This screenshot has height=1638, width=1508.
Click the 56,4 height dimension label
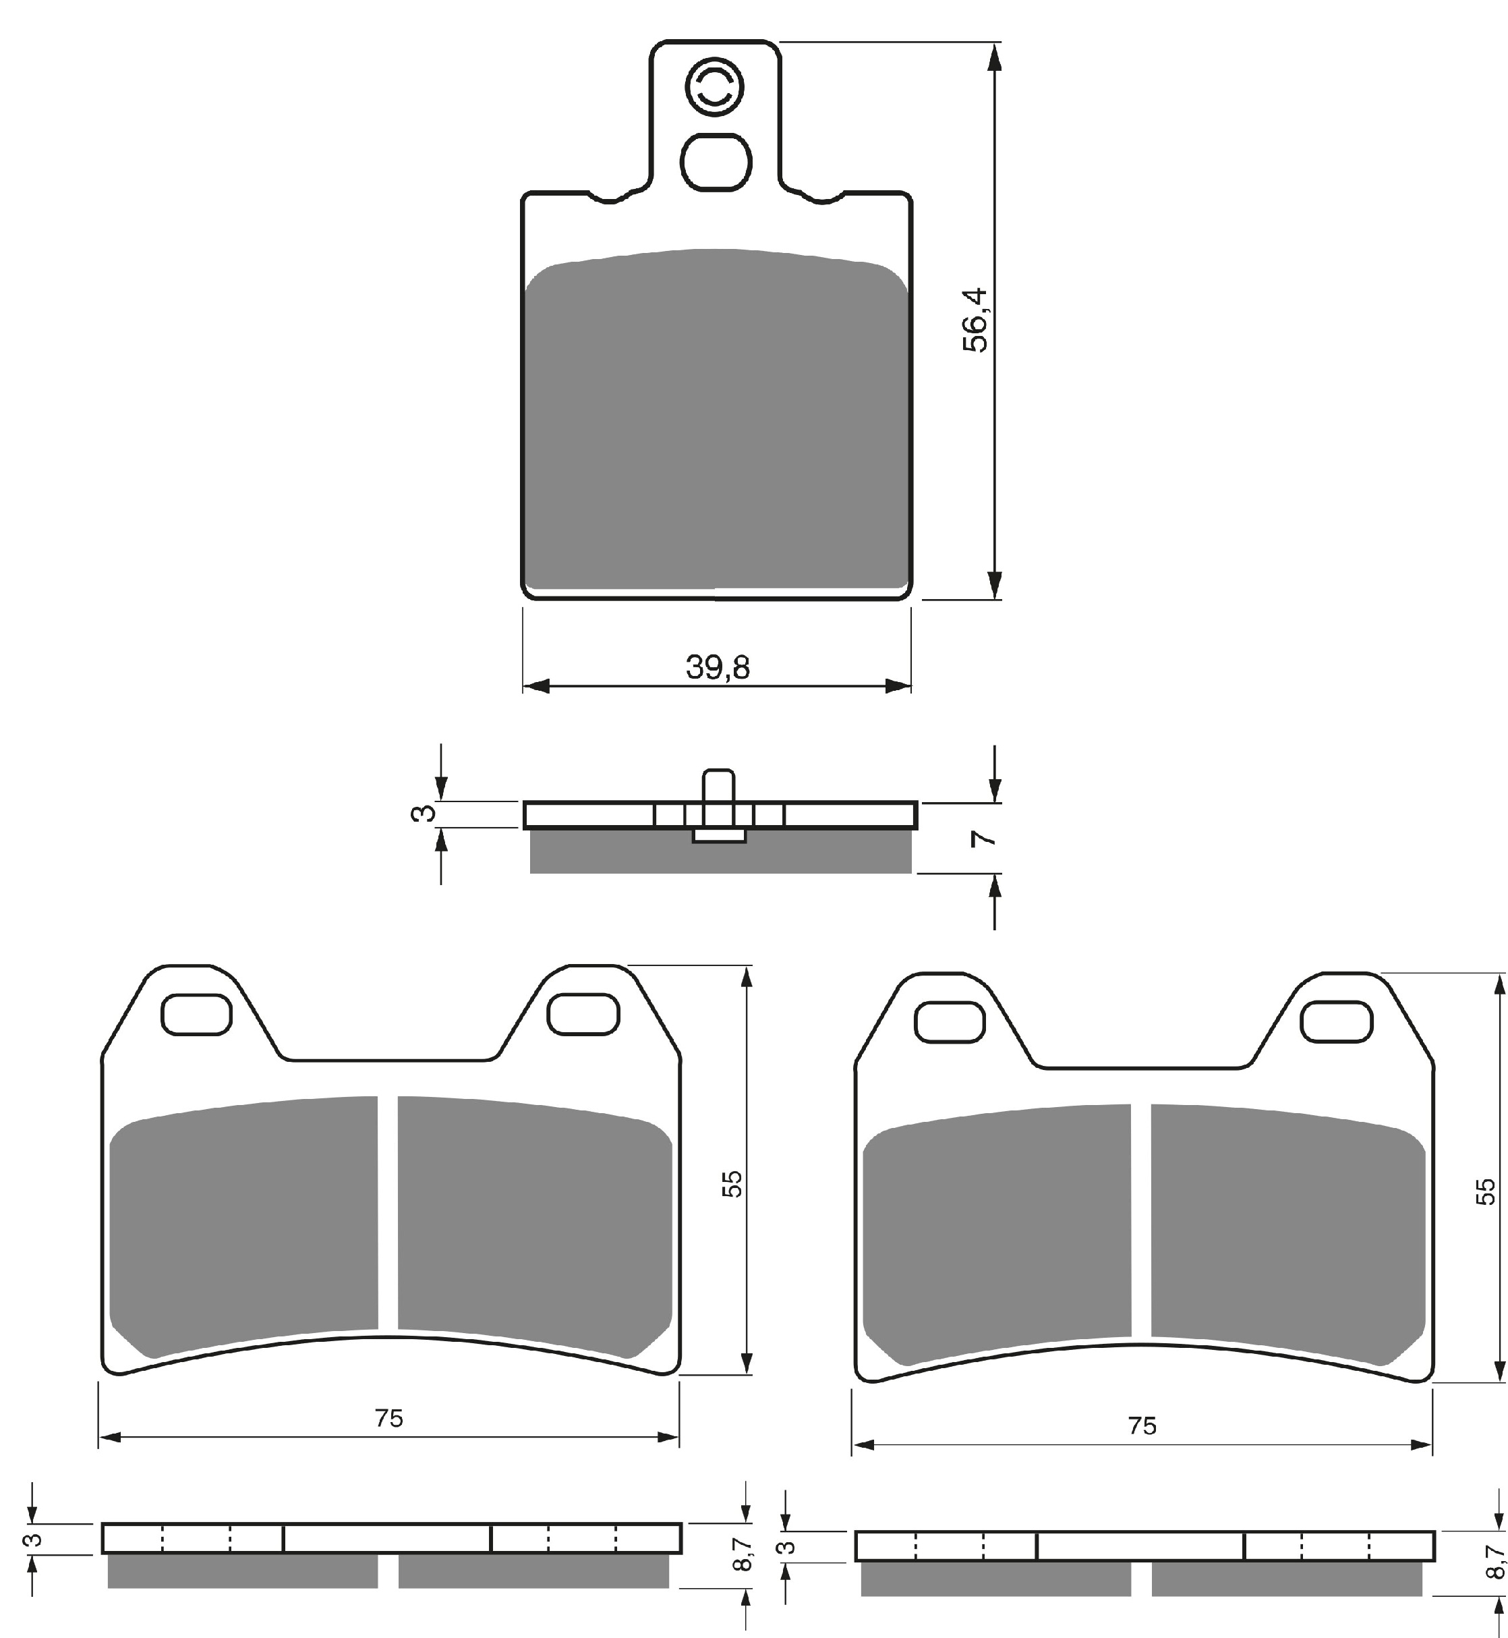click(975, 320)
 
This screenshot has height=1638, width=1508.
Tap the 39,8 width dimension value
click(718, 668)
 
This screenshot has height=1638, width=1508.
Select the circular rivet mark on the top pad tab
click(715, 86)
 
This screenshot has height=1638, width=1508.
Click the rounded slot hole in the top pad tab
click(716, 163)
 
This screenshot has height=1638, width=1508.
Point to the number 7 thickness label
click(985, 838)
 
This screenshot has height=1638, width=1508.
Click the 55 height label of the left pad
click(733, 1184)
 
